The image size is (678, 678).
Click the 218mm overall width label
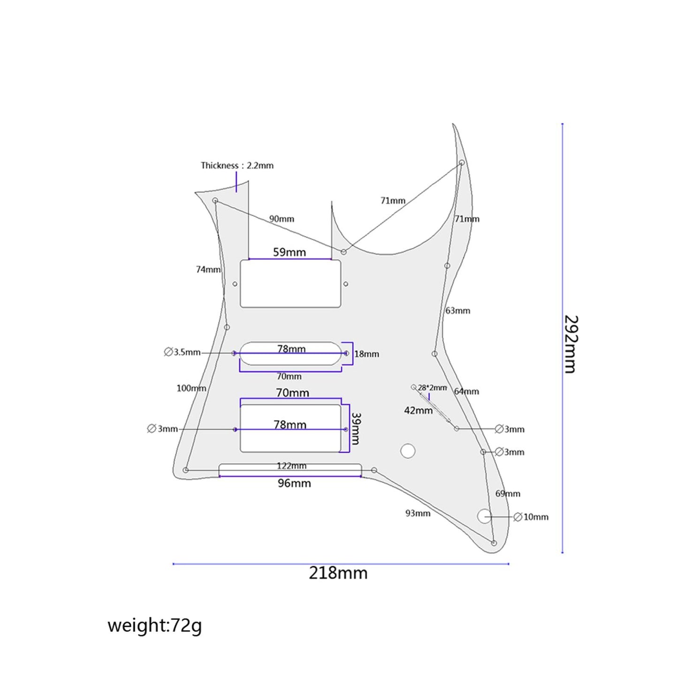(338, 573)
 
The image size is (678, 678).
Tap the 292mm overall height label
(571, 344)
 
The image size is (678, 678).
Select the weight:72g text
(154, 625)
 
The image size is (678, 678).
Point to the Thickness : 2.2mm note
(237, 166)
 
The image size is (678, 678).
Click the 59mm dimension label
(289, 252)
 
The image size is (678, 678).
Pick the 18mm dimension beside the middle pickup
(366, 354)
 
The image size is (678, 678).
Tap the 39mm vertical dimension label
(356, 429)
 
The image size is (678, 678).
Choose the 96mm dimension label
(294, 483)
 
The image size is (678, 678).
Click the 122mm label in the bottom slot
(291, 466)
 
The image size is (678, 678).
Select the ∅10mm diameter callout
(531, 517)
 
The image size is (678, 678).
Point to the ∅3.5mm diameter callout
(182, 352)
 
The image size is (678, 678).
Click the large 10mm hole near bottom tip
(484, 516)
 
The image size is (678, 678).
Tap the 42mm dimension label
(418, 411)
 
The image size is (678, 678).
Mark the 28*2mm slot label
(432, 388)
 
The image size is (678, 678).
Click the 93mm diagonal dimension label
(418, 513)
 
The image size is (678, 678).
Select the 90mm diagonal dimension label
(282, 219)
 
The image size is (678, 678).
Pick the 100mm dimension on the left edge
(191, 389)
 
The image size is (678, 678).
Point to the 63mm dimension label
(457, 311)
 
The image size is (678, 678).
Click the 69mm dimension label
(508, 494)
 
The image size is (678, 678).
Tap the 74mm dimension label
(208, 270)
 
